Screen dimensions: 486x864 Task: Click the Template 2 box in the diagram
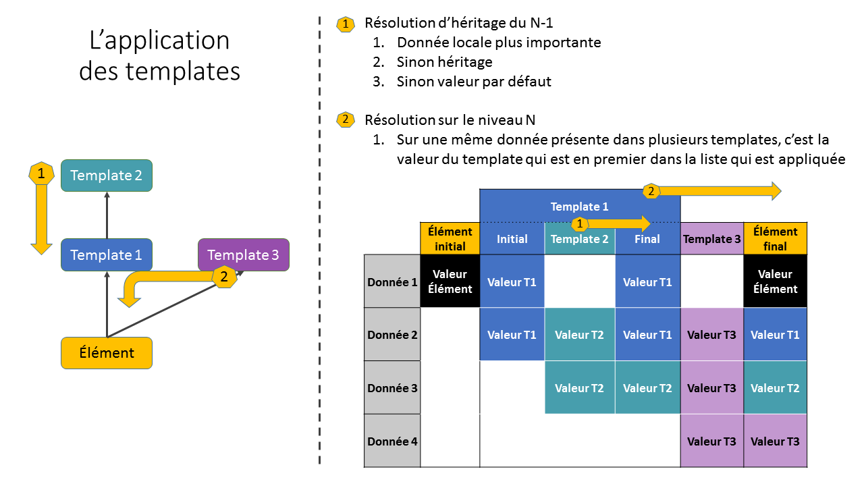[x=107, y=175]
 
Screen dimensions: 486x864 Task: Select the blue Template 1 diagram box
[x=107, y=255]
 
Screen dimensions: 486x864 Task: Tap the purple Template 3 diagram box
[x=244, y=255]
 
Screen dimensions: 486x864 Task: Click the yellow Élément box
[x=107, y=353]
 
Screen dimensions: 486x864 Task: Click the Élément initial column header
[x=450, y=239]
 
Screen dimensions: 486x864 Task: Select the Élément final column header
[x=775, y=239]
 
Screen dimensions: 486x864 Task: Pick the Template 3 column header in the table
[x=711, y=239]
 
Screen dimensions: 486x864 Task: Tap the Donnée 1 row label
[x=392, y=282]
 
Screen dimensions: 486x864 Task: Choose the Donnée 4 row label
[x=392, y=441]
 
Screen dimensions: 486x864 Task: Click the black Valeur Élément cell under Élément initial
[x=450, y=282]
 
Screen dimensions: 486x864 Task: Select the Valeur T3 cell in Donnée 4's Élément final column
[x=775, y=441]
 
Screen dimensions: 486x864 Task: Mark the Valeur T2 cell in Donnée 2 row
[x=579, y=335]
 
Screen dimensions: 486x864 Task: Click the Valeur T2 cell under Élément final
[x=775, y=388]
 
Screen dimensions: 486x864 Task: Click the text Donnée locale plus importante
[x=499, y=43]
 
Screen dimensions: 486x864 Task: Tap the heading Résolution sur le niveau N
[x=450, y=120]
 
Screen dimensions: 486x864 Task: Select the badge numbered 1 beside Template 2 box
[x=41, y=173]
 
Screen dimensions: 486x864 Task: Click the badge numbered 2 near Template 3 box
[x=224, y=275]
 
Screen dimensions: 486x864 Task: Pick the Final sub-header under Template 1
[x=647, y=239]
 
